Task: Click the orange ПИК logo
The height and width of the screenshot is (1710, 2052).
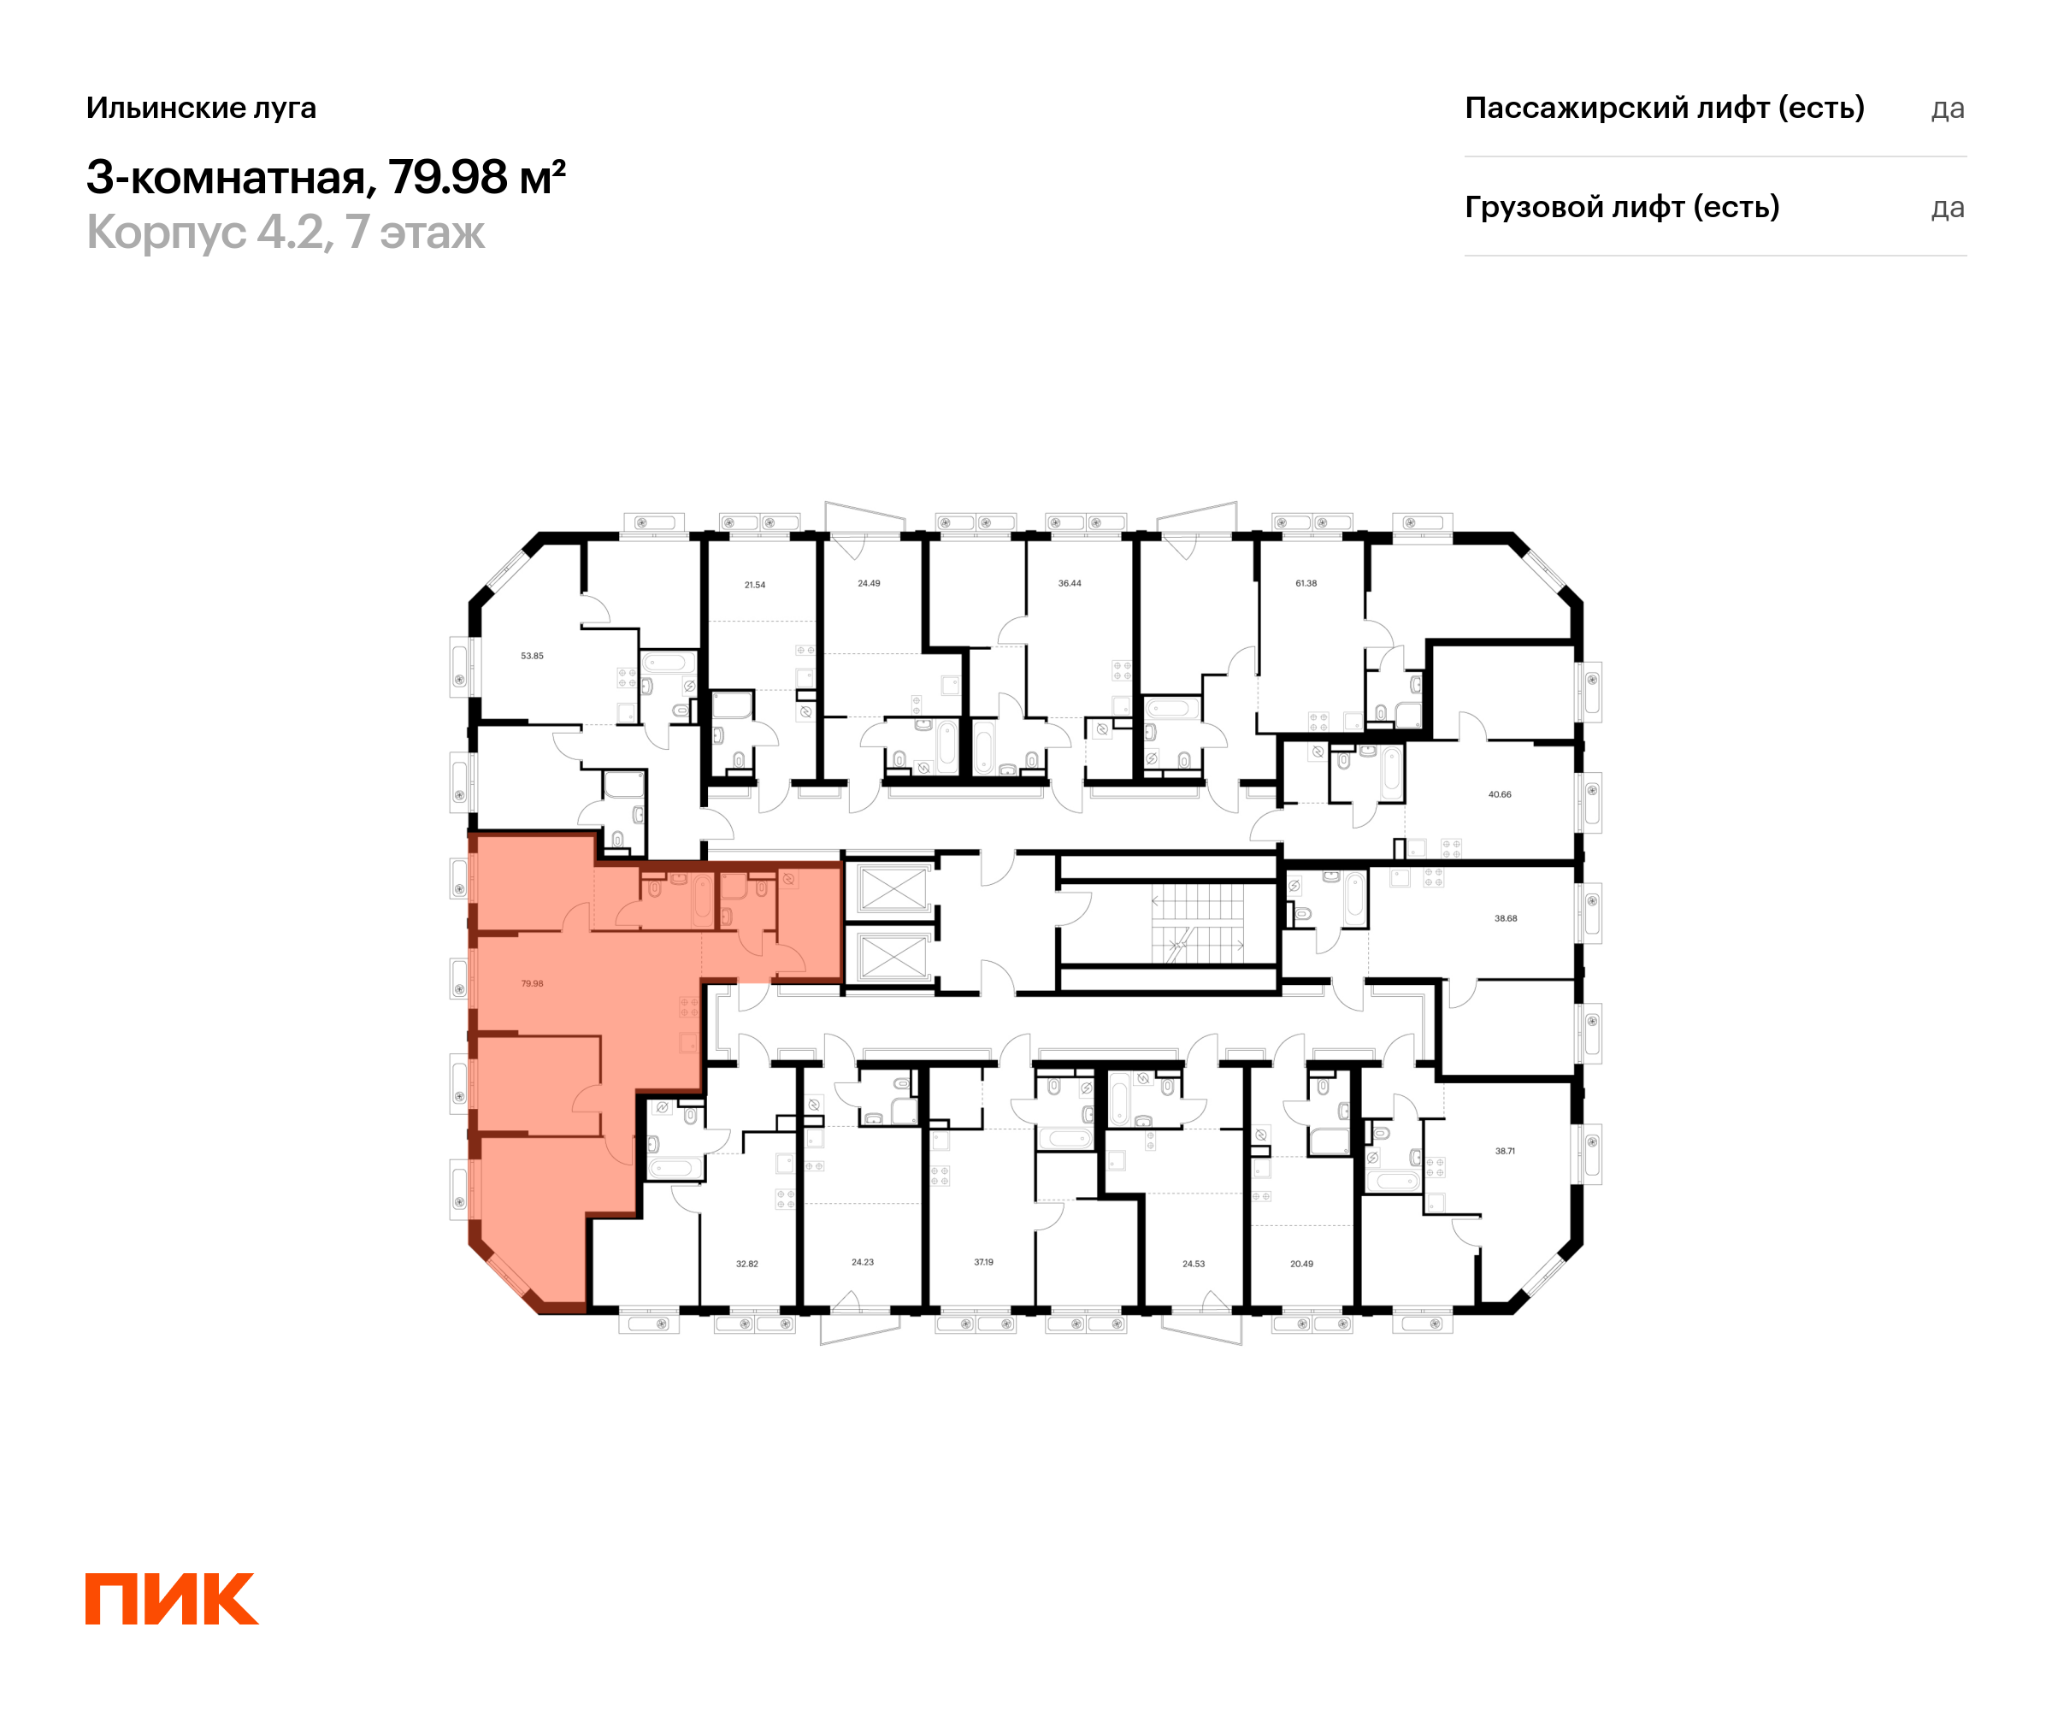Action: pyautogui.click(x=171, y=1599)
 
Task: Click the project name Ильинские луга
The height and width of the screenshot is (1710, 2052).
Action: pyautogui.click(x=201, y=108)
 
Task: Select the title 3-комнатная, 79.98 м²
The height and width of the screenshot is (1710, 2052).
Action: pyautogui.click(x=326, y=177)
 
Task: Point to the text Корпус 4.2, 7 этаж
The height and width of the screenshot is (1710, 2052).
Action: pyautogui.click(x=286, y=233)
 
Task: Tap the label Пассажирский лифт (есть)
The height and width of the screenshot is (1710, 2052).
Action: pyautogui.click(x=1664, y=108)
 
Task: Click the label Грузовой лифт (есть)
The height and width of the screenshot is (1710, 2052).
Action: pyautogui.click(x=1621, y=207)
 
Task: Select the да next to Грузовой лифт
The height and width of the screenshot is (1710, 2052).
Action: pyautogui.click(x=1947, y=208)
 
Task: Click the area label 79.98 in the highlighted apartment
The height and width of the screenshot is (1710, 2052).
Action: pyautogui.click(x=532, y=983)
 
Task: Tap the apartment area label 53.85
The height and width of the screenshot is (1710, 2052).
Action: pyautogui.click(x=532, y=656)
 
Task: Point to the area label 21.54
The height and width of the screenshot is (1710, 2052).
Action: pyautogui.click(x=754, y=584)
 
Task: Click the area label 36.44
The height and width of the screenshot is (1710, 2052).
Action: pyautogui.click(x=1069, y=583)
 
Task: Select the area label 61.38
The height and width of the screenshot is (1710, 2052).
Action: pyautogui.click(x=1306, y=583)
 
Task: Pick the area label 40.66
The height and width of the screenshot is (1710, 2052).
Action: pyautogui.click(x=1499, y=794)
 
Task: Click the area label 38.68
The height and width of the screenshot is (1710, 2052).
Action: pyautogui.click(x=1505, y=918)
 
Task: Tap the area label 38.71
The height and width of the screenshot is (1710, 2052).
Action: pyautogui.click(x=1505, y=1151)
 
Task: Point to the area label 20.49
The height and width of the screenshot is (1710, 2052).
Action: pyautogui.click(x=1300, y=1264)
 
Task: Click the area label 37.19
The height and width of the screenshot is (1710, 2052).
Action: pyautogui.click(x=983, y=1261)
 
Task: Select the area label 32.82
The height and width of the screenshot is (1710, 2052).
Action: pyautogui.click(x=746, y=1264)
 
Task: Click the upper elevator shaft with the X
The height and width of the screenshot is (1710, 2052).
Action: pyautogui.click(x=891, y=888)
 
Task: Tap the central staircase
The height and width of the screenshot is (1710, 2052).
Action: pyautogui.click(x=1196, y=923)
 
